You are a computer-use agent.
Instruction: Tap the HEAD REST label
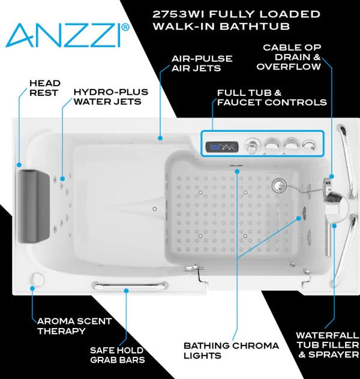pos(45,88)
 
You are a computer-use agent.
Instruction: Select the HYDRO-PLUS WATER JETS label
pos(107,97)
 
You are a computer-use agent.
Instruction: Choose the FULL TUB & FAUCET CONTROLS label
pos(272,97)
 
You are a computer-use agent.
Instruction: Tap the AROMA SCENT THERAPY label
pos(74,326)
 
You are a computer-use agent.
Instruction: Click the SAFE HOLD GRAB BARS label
pos(116,354)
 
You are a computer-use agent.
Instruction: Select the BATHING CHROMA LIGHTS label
pos(231,350)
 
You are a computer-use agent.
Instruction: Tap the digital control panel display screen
pos(217,146)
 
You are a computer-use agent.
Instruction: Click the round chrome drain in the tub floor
pos(278,185)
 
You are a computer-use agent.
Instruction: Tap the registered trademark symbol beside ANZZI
pos(125,27)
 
